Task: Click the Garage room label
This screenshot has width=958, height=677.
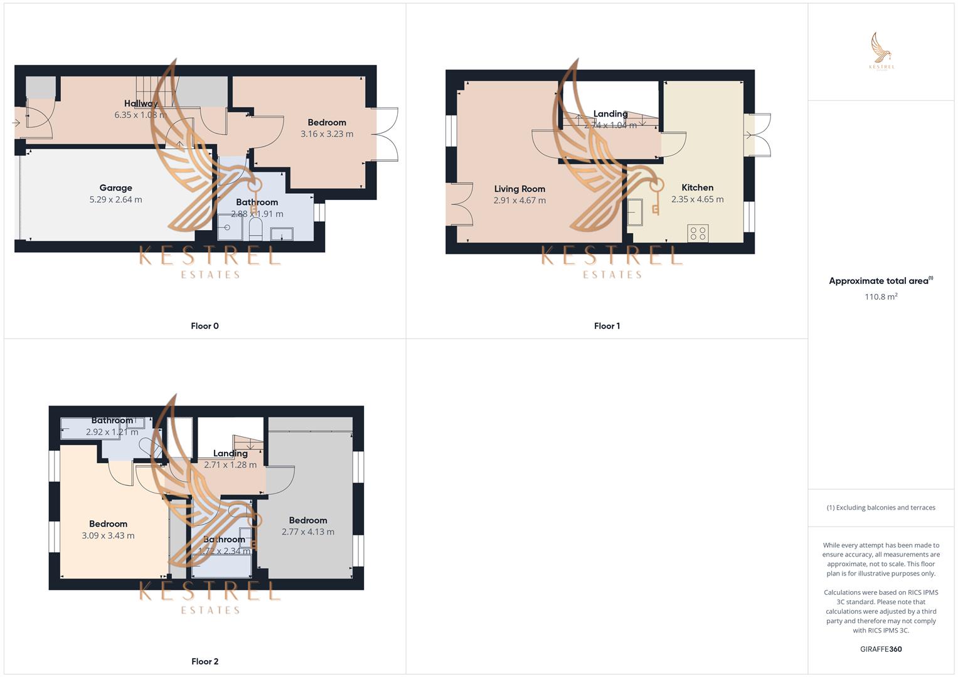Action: point(115,187)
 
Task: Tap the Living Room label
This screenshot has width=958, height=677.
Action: point(519,189)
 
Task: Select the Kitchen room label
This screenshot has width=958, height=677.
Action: point(697,187)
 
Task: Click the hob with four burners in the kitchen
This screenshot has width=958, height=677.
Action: point(698,233)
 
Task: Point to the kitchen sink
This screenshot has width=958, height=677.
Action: point(635,213)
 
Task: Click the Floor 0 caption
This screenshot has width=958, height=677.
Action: point(205,326)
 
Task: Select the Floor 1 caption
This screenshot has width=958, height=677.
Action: point(607,326)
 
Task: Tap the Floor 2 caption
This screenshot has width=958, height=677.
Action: point(205,661)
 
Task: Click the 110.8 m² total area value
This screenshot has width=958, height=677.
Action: point(880,297)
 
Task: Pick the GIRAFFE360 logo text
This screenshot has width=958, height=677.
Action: point(880,649)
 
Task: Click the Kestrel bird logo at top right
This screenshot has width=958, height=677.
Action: point(881,50)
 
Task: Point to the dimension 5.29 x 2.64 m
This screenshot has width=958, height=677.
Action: point(115,199)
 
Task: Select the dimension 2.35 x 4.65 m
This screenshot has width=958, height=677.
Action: point(697,199)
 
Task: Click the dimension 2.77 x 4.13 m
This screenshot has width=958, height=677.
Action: point(307,532)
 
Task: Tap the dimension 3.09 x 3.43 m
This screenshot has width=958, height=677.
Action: point(108,535)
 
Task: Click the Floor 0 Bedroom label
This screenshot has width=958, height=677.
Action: point(326,122)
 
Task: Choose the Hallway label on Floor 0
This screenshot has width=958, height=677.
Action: point(141,103)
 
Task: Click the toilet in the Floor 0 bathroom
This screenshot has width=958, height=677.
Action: point(255,229)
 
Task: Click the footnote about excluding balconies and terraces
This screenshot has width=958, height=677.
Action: point(880,508)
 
